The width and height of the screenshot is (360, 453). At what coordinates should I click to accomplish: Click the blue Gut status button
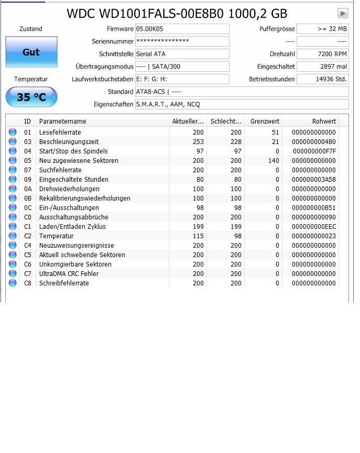click(31, 52)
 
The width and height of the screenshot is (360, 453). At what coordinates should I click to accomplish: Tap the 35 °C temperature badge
click(31, 97)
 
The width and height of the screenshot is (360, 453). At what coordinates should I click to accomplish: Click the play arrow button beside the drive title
click(343, 13)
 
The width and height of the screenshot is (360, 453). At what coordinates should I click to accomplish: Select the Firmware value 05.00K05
click(182, 29)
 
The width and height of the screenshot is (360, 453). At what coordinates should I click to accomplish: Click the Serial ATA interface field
click(182, 54)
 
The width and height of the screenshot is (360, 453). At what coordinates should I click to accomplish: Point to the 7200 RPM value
click(322, 54)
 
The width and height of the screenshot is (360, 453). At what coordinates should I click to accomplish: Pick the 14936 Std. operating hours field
click(322, 79)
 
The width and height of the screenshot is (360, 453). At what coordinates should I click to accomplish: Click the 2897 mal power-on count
click(322, 67)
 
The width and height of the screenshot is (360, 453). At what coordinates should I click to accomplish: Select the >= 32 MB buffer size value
click(322, 29)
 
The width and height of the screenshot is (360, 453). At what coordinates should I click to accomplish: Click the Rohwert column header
click(324, 121)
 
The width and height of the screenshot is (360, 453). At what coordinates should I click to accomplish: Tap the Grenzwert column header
click(265, 121)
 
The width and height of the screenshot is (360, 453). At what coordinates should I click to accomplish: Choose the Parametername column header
click(62, 121)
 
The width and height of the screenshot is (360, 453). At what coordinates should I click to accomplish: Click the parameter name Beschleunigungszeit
click(69, 142)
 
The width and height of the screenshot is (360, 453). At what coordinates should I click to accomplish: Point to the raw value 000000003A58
click(313, 180)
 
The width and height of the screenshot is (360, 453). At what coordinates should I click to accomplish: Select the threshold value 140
click(274, 161)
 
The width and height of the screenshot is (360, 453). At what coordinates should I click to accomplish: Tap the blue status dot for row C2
click(13, 236)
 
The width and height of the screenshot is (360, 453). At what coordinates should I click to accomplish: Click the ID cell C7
click(28, 274)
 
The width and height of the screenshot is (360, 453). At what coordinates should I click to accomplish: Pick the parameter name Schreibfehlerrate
click(64, 283)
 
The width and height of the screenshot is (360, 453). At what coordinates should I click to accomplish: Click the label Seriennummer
click(113, 41)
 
